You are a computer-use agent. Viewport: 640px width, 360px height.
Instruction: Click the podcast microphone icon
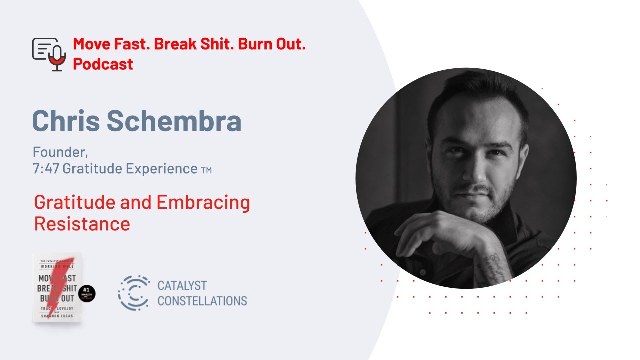49,54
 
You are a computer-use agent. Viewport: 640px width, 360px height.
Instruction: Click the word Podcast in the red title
103,64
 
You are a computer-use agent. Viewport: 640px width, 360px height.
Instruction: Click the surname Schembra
182,121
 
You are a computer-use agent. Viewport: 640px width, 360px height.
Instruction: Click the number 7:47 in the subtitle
46,169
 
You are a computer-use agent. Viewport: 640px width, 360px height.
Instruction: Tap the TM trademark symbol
206,170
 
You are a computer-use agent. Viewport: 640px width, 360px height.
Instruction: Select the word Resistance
82,224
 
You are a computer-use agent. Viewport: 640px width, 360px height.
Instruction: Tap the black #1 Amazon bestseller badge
87,294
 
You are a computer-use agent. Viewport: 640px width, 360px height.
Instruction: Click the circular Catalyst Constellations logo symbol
133,293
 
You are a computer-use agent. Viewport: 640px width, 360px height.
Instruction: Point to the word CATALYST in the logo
182,286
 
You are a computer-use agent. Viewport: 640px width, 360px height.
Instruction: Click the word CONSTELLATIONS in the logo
202,301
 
